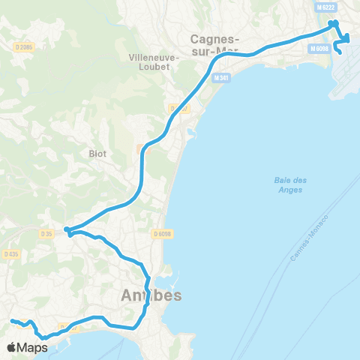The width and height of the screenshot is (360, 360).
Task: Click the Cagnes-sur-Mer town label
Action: click(215, 44)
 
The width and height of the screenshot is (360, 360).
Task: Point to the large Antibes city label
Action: click(151, 296)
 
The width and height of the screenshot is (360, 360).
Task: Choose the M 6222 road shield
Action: click(326, 7)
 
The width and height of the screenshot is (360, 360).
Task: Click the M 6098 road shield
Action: click(318, 47)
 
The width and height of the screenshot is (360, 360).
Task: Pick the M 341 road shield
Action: click(220, 78)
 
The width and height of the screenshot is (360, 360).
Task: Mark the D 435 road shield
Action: click(10, 254)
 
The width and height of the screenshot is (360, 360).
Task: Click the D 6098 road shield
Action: click(163, 234)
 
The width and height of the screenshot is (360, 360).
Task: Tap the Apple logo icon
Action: click(11, 347)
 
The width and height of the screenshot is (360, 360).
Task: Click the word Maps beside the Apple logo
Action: click(33, 347)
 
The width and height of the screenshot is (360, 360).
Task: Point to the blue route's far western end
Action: click(11, 321)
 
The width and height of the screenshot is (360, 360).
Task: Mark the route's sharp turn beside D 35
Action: click(66, 229)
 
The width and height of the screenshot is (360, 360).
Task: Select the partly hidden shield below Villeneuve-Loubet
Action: click(176, 108)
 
